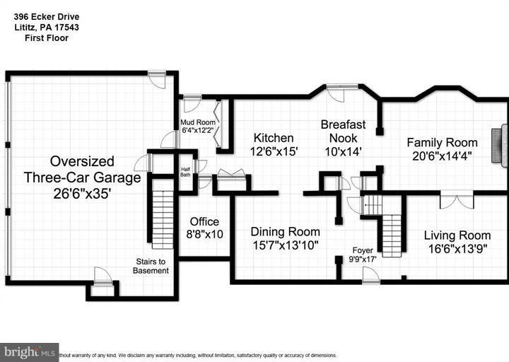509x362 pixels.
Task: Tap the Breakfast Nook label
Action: point(344,131)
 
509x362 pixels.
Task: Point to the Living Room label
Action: point(457,235)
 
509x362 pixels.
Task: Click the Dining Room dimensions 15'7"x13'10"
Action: point(286,245)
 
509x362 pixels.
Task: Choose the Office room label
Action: point(204,221)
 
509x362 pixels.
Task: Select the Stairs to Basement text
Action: point(151,265)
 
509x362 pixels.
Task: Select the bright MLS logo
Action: point(29,351)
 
